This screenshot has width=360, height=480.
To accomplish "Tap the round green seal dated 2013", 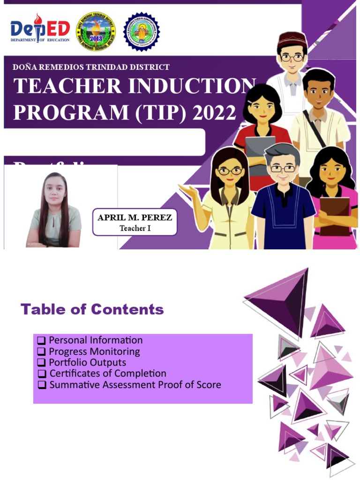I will tap(96, 31).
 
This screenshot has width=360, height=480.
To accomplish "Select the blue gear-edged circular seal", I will tap(141, 31).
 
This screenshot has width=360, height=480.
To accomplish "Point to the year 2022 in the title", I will tap(214, 112).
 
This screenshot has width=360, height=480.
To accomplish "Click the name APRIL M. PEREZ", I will tap(135, 218).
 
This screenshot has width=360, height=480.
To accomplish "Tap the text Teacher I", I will tap(135, 229).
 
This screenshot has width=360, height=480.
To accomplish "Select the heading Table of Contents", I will tap(92, 309).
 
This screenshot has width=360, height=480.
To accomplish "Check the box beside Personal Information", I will tap(41, 340).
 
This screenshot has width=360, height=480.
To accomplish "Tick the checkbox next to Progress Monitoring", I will tap(41, 352).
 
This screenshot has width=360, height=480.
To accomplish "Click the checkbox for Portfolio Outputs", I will tap(41, 363).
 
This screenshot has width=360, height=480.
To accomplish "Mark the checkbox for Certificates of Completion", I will tap(42, 374).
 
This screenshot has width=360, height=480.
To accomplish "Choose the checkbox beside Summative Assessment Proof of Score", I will tap(42, 385).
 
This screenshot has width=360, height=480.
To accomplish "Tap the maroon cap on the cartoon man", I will tap(292, 39).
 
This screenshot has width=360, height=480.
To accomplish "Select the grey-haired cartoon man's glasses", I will tap(282, 168).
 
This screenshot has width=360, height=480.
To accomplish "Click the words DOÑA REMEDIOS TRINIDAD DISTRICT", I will tap(91, 67).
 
